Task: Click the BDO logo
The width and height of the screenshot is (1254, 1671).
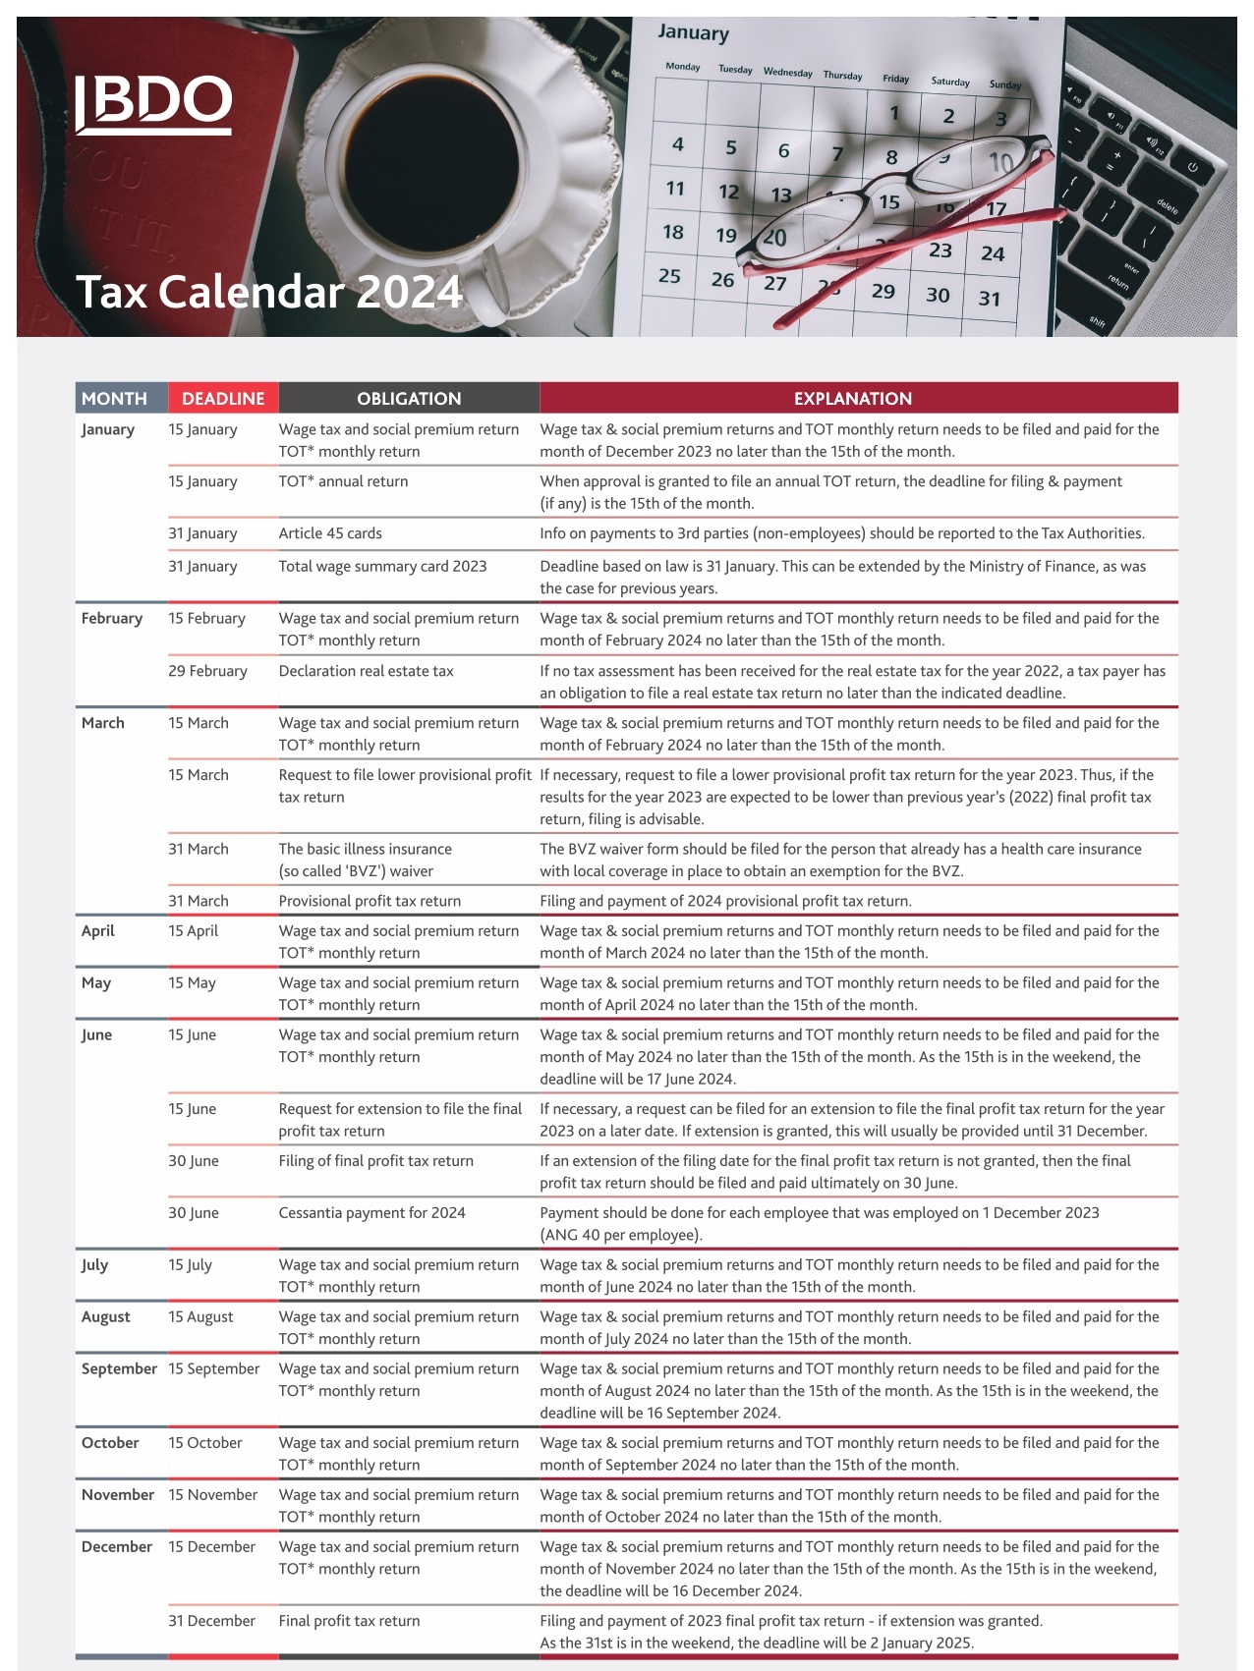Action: (154, 103)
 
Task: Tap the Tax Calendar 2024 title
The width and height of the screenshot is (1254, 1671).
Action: (268, 292)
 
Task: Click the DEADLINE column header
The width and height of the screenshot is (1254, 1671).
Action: (223, 398)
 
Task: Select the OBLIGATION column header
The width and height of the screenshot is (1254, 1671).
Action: (409, 398)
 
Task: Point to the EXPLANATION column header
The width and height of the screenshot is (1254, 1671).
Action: (853, 398)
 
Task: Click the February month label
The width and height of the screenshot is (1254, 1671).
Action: (112, 619)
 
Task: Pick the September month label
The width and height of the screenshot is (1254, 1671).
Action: (119, 1369)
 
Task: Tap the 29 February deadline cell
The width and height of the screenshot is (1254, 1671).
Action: (207, 671)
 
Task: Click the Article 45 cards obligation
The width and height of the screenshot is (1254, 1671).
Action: (330, 533)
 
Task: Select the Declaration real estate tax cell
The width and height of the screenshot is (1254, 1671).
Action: (366, 671)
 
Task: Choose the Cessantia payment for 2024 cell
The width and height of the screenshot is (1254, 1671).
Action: (371, 1213)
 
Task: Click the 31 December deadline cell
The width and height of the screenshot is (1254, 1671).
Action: (211, 1621)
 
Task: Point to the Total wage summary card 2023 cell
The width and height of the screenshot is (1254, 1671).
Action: (382, 566)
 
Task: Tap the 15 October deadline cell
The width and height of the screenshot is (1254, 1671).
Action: (204, 1443)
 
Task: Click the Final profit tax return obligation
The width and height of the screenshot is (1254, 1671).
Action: (349, 1621)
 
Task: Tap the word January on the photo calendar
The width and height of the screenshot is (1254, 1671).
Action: (693, 32)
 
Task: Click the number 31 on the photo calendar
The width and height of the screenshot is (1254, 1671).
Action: (989, 299)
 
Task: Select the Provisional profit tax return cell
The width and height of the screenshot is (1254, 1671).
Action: (370, 901)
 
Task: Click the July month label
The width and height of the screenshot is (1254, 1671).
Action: (94, 1265)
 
